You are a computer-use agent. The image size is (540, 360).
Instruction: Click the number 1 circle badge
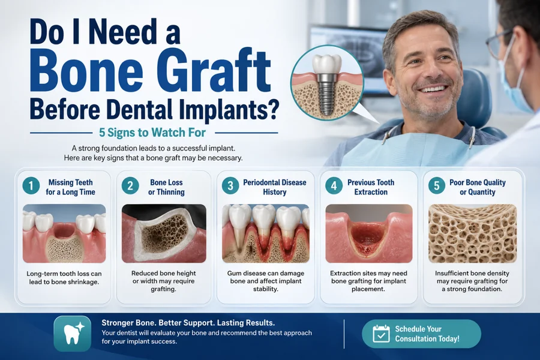(31, 186)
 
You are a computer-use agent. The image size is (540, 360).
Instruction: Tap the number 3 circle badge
(230, 186)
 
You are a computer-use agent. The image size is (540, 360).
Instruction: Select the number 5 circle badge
(437, 186)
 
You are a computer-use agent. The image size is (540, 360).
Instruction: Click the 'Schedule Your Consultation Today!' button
(421, 334)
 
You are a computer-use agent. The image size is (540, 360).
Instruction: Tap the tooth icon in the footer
(73, 334)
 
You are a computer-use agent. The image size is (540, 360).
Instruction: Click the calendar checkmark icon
(381, 334)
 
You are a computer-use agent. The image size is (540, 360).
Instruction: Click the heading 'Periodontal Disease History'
(274, 187)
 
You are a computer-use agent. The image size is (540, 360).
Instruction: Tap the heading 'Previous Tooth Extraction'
(371, 187)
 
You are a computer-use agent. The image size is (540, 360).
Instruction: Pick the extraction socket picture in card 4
(369, 233)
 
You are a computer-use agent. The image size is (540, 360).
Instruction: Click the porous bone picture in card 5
(473, 233)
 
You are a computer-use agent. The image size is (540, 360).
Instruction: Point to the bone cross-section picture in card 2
(164, 233)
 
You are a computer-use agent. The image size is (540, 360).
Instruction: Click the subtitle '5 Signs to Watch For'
(152, 133)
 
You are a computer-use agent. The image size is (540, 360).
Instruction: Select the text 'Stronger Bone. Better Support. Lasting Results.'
(188, 323)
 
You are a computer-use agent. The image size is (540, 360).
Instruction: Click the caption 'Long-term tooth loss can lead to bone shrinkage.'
(64, 278)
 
